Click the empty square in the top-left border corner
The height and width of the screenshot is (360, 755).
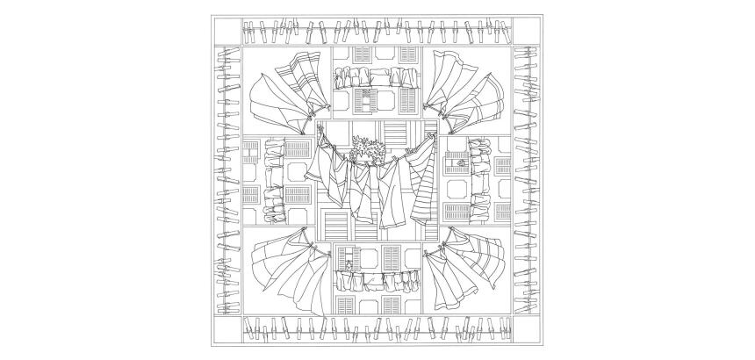tap(226, 32)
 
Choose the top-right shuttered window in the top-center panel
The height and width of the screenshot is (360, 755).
tap(407, 54)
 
